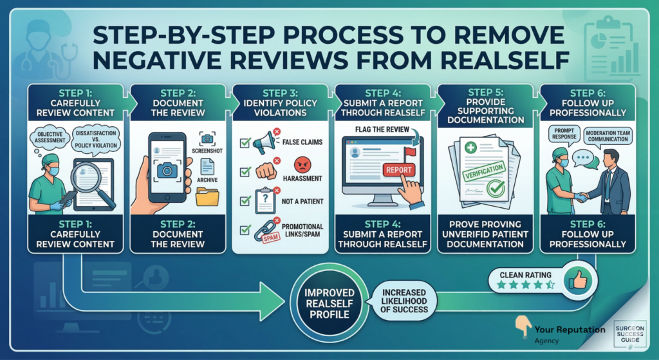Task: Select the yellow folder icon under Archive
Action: click(x=207, y=196)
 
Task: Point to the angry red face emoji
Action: click(x=302, y=165)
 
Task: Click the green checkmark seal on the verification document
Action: click(x=496, y=189)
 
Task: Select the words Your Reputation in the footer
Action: click(x=570, y=330)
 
